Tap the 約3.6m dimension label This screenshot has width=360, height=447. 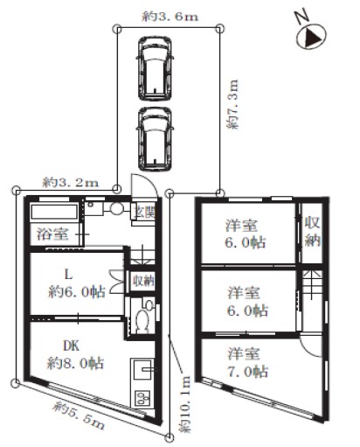[170, 17]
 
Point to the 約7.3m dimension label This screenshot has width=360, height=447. [232, 104]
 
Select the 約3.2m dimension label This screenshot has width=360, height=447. [71, 183]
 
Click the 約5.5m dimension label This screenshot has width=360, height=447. [79, 416]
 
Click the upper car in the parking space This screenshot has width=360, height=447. [155, 68]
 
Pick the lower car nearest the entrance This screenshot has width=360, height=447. [155, 139]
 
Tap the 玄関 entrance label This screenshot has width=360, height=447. [144, 213]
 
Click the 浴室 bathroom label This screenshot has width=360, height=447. [52, 234]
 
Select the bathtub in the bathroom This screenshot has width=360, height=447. [54, 212]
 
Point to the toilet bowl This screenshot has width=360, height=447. [142, 321]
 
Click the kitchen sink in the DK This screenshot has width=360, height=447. [142, 369]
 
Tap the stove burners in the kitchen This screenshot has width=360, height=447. [142, 398]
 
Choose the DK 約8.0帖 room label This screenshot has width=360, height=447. [75, 355]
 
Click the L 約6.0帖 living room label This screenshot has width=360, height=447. [77, 283]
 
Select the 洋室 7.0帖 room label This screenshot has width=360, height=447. [247, 363]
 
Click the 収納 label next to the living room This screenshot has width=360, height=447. [143, 281]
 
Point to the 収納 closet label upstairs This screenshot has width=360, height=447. [312, 232]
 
